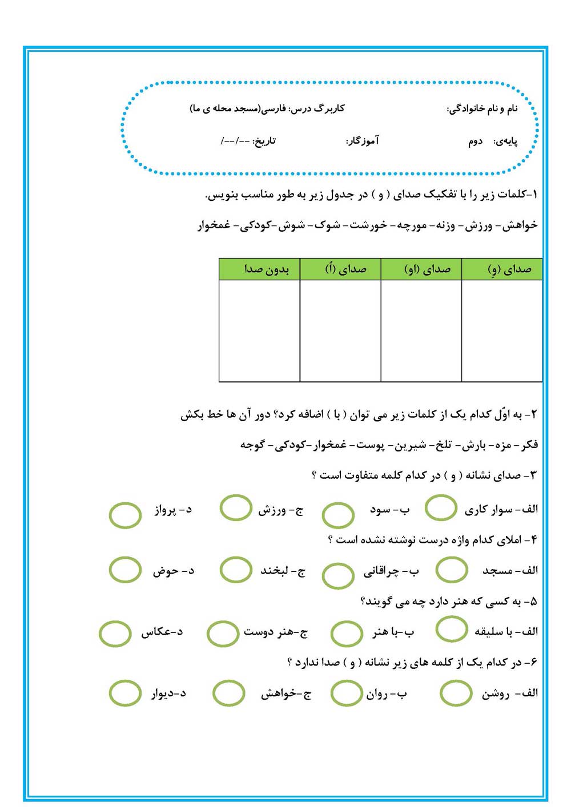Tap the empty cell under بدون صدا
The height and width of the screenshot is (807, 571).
click(x=260, y=330)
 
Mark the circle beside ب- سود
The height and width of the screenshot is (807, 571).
click(x=338, y=515)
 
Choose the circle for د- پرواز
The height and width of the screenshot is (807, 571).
click(x=125, y=515)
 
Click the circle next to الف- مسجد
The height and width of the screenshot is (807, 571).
click(x=452, y=570)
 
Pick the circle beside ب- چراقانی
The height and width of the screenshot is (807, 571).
click(x=338, y=575)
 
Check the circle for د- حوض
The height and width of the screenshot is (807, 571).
click(x=125, y=570)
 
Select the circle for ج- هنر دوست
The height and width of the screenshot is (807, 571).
click(x=223, y=634)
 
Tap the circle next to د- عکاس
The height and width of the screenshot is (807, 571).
click(x=115, y=634)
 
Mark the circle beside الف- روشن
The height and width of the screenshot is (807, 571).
click(x=456, y=693)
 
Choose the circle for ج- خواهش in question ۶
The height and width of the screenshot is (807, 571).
click(x=228, y=693)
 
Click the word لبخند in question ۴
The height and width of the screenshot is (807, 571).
click(x=278, y=570)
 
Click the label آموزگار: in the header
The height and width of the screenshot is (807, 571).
click(x=362, y=141)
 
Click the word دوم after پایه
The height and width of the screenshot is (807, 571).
click(x=476, y=142)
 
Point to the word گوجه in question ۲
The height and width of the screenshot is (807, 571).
click(x=252, y=445)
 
